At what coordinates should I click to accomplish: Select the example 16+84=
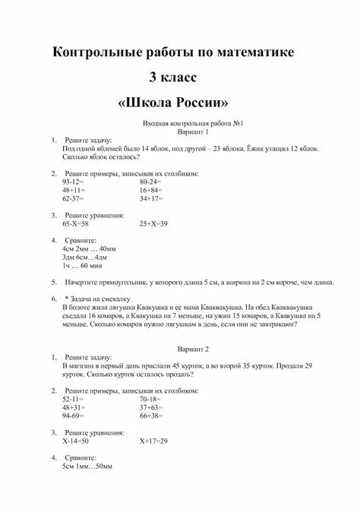[x=150, y=190]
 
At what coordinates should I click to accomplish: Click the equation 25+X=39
[x=153, y=224]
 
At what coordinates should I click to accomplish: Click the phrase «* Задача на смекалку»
[x=98, y=299]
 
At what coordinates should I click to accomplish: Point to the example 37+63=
[x=150, y=407]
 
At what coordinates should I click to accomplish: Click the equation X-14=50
[x=76, y=441]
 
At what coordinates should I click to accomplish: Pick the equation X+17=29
[x=153, y=441]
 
